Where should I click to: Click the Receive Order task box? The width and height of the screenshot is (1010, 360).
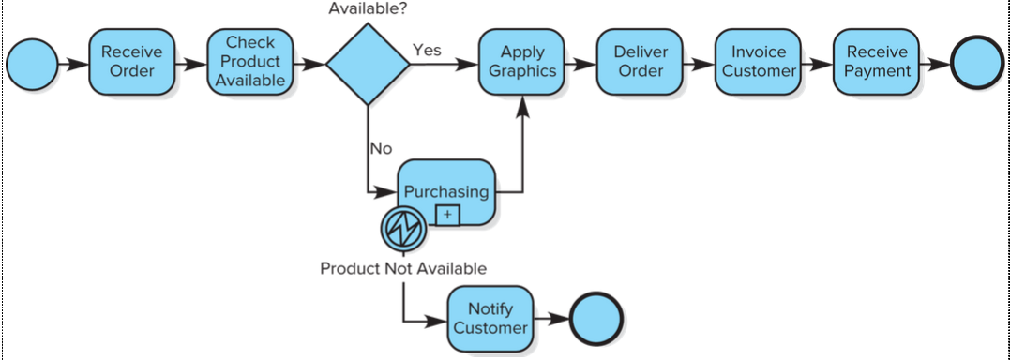pos(131,62)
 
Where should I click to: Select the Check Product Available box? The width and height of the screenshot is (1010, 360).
pos(250,62)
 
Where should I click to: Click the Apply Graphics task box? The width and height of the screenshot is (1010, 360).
pos(521,62)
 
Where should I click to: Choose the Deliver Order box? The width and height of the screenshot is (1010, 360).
pos(641,62)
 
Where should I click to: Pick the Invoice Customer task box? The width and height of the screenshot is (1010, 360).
pos(759,62)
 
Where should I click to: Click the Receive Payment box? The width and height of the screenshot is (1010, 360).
pos(877,62)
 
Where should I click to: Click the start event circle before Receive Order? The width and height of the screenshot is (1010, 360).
pos(32,65)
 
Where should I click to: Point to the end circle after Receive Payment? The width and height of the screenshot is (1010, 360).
pos(977,65)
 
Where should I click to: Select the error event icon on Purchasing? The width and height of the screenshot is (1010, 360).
pos(404,227)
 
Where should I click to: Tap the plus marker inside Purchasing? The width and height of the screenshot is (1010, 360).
pos(447,215)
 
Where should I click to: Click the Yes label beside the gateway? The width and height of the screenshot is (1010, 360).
pos(427,51)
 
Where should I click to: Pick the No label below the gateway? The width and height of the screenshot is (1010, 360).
pos(381,148)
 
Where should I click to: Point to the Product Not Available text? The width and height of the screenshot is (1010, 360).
pos(403,269)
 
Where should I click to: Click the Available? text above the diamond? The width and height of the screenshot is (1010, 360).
pos(368,9)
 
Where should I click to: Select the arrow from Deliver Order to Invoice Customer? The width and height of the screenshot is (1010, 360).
pos(700,65)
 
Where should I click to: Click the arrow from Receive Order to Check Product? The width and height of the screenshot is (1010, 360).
pos(191,65)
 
